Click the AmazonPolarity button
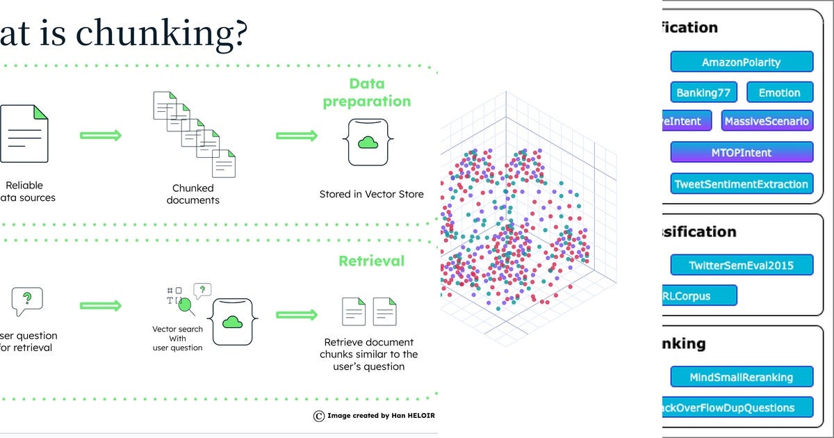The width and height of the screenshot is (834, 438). coord(741,62)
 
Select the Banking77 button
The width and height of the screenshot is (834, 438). coord(703,92)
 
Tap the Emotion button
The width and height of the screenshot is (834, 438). coord(779,92)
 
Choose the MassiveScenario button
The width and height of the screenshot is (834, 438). coord(767,122)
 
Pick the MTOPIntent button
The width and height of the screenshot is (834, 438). coord(741,152)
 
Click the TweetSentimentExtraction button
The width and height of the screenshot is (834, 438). coord(741,184)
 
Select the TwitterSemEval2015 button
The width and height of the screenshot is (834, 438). coord(741,265)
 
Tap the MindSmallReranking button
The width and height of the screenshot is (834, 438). coord(741,377)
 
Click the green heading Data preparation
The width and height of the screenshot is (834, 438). coord(366,92)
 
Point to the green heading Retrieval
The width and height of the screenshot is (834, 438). coord(371,261)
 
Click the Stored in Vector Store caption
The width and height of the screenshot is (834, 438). coord(371,194)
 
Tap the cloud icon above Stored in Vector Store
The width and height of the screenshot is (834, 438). coord(366,143)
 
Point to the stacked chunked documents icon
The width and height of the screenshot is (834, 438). coord(195,133)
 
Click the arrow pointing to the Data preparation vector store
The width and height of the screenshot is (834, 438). coord(297,136)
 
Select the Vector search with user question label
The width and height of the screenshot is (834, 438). coord(177,338)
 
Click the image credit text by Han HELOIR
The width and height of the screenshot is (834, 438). coord(375,416)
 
